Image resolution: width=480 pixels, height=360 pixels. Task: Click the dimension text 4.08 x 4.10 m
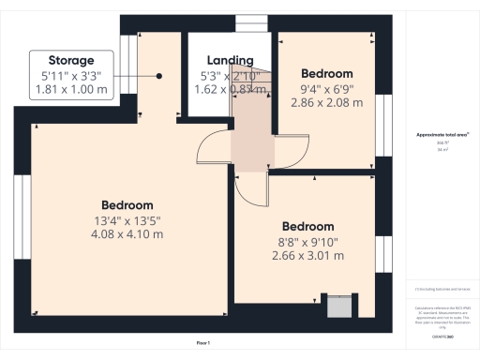[127, 234]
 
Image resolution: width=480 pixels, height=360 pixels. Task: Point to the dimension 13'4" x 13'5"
[127, 220]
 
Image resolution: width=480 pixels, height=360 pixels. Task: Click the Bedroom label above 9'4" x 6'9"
[326, 73]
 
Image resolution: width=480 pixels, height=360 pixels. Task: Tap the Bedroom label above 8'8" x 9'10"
[307, 226]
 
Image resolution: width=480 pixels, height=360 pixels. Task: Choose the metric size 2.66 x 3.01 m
[307, 256]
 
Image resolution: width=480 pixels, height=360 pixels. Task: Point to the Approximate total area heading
[442, 134]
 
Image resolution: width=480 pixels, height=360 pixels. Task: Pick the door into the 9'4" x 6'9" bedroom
[292, 148]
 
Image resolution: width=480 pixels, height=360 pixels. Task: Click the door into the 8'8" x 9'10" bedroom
[251, 187]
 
